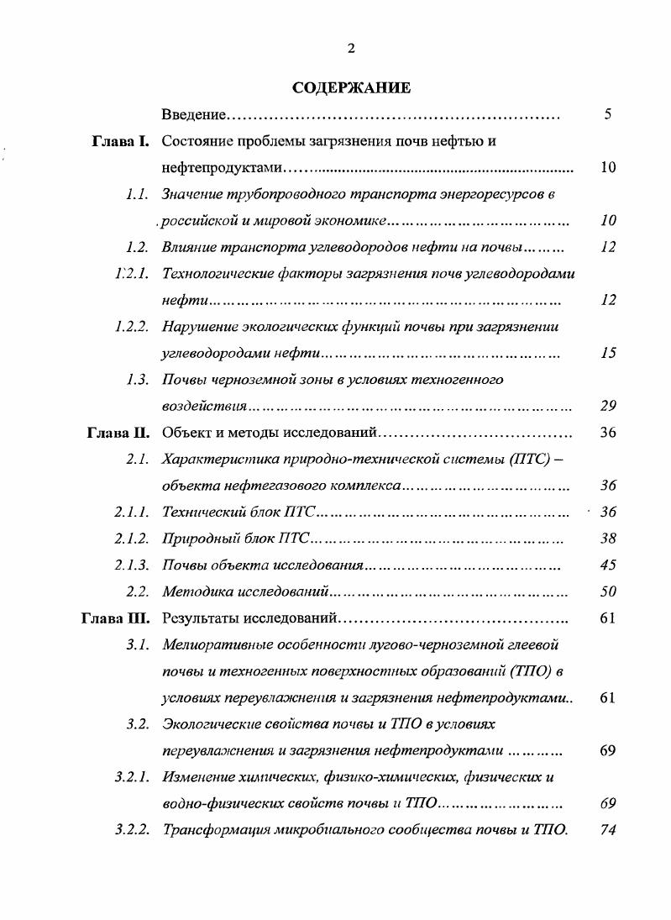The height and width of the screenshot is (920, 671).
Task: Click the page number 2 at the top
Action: click(x=351, y=48)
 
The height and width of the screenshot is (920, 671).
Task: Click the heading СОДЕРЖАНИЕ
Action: click(x=351, y=87)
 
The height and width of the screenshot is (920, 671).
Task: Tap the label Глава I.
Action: click(x=120, y=141)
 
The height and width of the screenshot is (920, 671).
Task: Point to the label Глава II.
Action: click(x=118, y=434)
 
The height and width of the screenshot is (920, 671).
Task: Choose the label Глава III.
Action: click(x=116, y=618)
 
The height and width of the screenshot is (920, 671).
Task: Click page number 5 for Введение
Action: click(x=608, y=114)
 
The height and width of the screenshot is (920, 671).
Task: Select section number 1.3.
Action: click(x=138, y=380)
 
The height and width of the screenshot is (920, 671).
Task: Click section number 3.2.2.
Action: click(x=132, y=830)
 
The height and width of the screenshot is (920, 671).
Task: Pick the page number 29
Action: click(x=609, y=407)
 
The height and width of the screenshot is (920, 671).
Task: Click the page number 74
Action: click(x=609, y=830)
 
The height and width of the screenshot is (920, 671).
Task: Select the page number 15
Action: click(x=609, y=353)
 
